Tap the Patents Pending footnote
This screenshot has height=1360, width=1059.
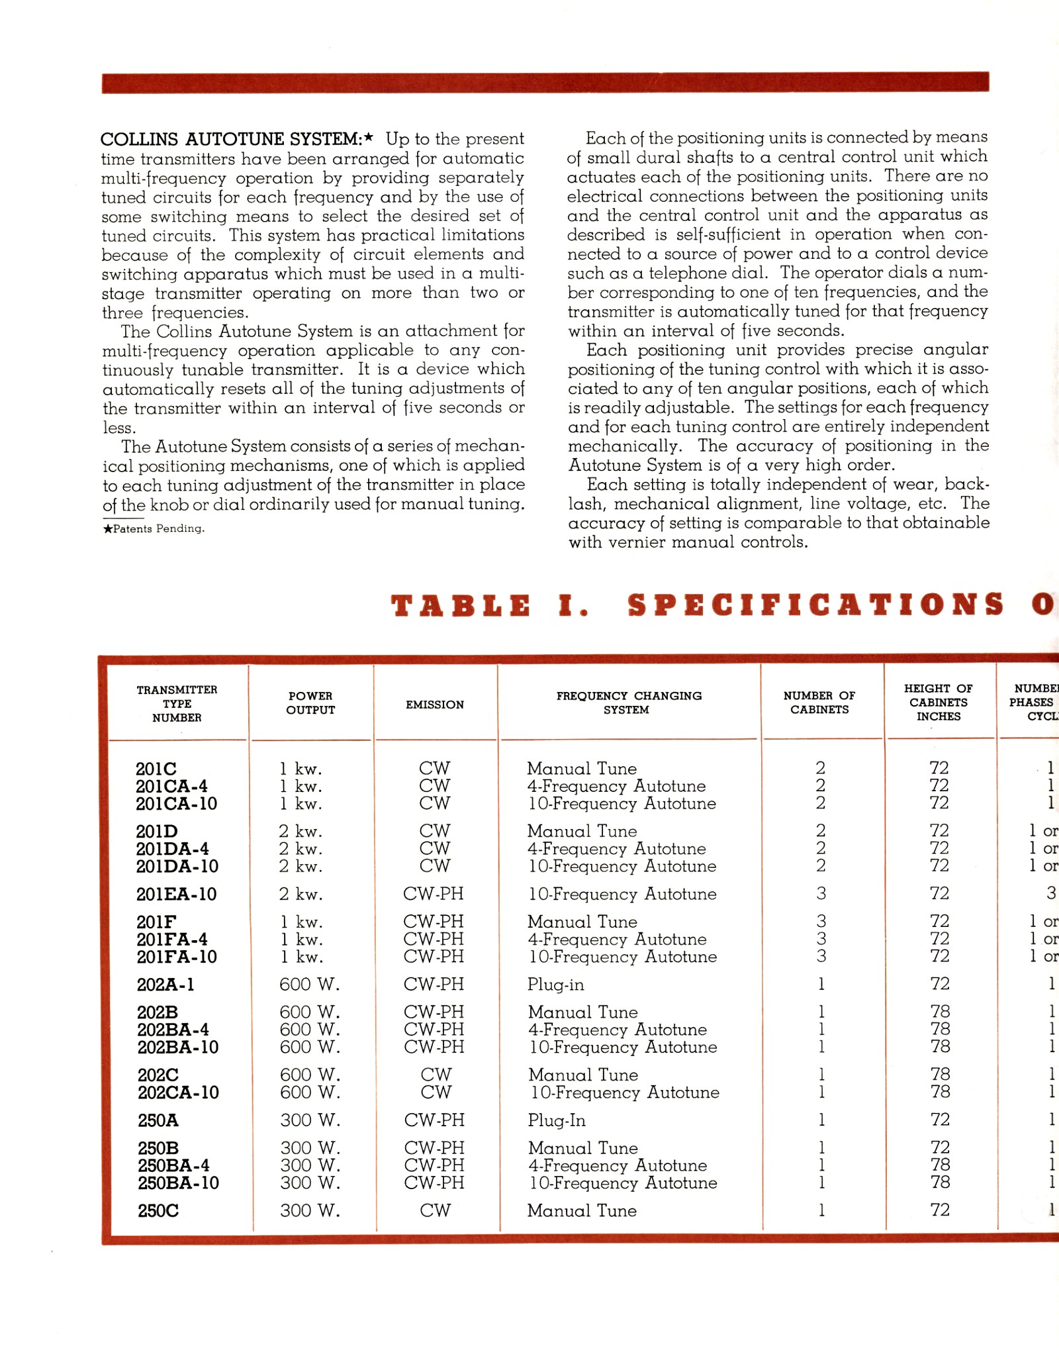tap(154, 528)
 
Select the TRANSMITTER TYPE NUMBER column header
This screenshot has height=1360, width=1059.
tap(177, 703)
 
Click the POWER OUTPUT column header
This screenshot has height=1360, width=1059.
tap(310, 703)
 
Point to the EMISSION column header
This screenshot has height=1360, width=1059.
tap(435, 704)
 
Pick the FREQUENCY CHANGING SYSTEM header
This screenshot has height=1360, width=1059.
tap(628, 703)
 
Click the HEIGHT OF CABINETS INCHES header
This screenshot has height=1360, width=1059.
tap(938, 703)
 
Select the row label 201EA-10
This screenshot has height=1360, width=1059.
tap(176, 895)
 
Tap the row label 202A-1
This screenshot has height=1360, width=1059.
tap(165, 985)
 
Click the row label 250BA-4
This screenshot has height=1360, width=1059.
tap(173, 1165)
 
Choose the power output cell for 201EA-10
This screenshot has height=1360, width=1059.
tap(300, 895)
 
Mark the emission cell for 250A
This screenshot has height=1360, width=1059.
tap(434, 1120)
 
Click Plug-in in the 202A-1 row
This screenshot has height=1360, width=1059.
tap(555, 985)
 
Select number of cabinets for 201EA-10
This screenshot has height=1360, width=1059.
tap(821, 894)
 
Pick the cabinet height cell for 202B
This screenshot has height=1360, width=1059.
tap(940, 1012)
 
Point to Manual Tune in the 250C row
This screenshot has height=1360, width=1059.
tap(582, 1210)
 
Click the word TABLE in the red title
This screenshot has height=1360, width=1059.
tap(461, 606)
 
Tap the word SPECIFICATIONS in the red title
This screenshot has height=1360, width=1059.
tap(816, 605)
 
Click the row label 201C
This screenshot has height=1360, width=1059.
tap(156, 769)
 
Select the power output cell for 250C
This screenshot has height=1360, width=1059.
tap(310, 1210)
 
